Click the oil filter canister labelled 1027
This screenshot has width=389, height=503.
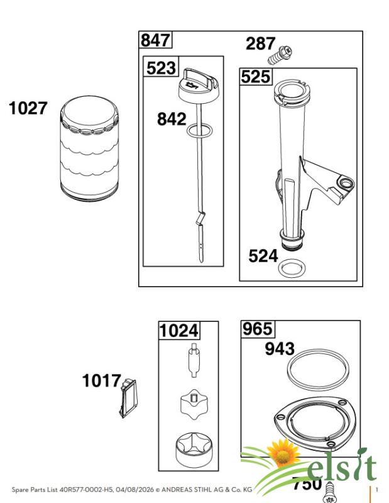point(89,148)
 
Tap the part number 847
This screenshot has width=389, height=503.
point(155,40)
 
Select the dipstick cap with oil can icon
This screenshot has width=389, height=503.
point(199,87)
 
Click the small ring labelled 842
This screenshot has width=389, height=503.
point(200,130)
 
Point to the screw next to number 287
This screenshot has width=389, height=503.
point(280,55)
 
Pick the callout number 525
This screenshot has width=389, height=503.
point(256,77)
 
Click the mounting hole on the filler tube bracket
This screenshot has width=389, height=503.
point(346,183)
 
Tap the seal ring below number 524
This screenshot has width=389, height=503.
point(292,268)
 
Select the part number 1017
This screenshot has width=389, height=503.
point(101,381)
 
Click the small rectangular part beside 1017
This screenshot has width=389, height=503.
point(128,398)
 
